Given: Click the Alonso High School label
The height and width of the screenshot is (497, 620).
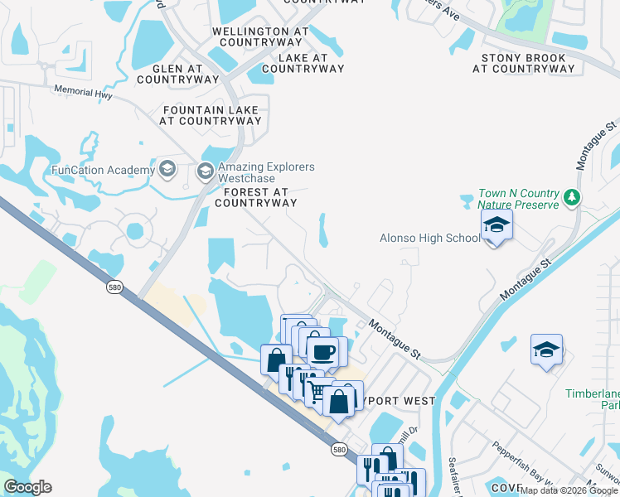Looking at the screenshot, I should coord(429,239).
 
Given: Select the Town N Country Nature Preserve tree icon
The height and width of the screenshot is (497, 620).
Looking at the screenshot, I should coord(571,198).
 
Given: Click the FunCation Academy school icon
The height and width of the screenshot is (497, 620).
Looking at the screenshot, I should coord(167,170).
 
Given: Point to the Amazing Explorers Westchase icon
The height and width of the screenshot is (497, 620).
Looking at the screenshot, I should coord(206,172).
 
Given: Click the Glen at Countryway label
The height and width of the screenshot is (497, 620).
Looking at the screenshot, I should coord(177,74).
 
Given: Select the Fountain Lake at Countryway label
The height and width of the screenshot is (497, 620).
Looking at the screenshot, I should coord(212,115).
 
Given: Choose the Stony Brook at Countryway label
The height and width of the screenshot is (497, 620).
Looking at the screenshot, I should coord(524,64).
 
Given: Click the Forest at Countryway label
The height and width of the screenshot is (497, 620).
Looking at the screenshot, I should coord(255,197).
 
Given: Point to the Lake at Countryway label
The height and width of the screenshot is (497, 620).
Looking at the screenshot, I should coord(303,63).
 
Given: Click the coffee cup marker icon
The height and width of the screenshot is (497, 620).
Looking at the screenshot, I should coord(322,351).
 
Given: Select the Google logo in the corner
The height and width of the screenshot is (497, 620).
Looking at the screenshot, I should coord(27,487).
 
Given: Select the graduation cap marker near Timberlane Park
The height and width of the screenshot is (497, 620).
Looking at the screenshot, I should coord(547,350).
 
